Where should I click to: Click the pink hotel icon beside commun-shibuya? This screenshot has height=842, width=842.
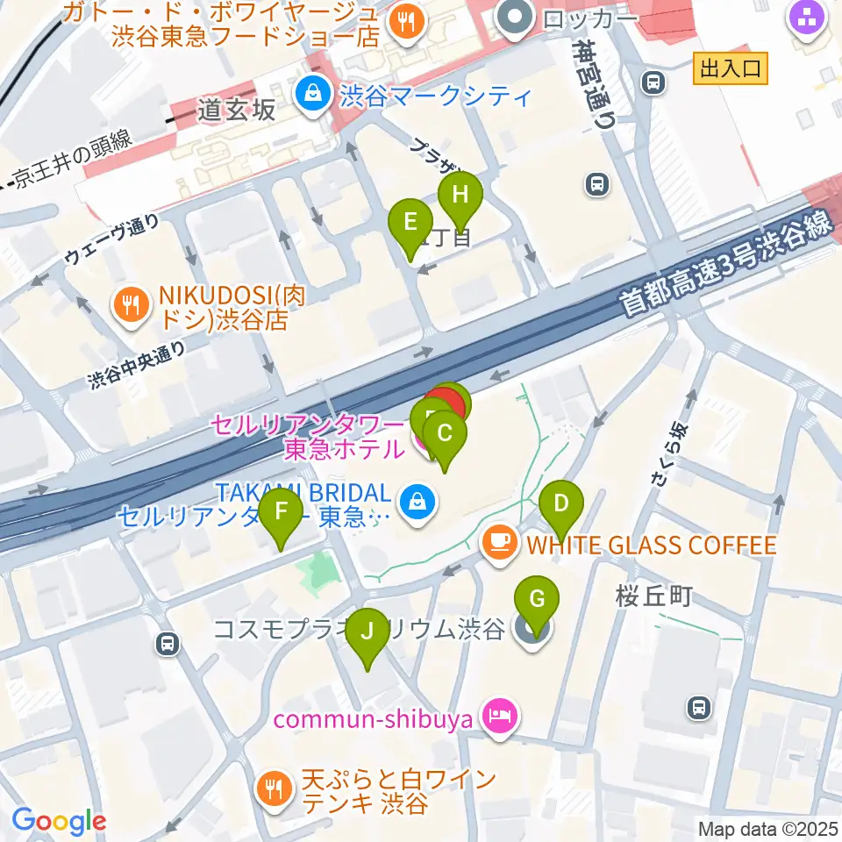click(x=501, y=718)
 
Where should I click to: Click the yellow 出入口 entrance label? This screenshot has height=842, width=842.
click(x=731, y=68)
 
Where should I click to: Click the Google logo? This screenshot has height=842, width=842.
click(x=59, y=821)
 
